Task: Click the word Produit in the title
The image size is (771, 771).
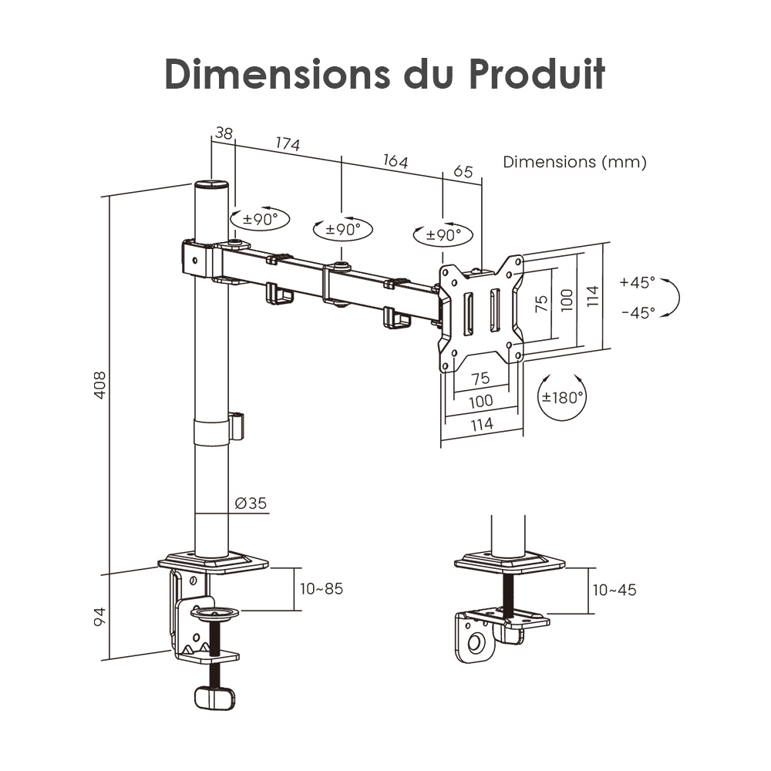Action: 537,74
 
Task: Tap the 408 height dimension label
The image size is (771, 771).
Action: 99,385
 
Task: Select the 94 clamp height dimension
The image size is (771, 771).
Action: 99,617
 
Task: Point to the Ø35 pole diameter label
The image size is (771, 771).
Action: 251,503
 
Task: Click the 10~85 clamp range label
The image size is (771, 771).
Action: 322,588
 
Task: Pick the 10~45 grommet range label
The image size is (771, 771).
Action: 614,590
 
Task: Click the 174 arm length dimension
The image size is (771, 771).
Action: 288,143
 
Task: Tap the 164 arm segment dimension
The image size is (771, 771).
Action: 396,161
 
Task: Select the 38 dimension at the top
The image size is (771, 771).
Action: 224,133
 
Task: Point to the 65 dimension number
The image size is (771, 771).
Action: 463,171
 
